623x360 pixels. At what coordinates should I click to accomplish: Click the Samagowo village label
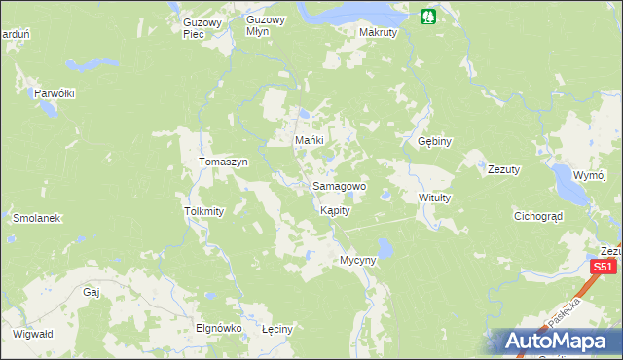click(x=339, y=186)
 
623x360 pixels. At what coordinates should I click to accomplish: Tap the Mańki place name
click(x=309, y=141)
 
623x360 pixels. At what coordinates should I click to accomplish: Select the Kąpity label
click(x=334, y=210)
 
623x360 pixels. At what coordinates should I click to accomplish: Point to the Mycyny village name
click(x=356, y=261)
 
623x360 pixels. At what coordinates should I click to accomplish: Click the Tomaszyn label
click(x=224, y=162)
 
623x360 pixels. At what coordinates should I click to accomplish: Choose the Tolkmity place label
click(x=204, y=211)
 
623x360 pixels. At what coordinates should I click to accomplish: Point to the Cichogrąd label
click(x=538, y=216)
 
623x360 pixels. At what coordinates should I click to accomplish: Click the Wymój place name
click(x=590, y=176)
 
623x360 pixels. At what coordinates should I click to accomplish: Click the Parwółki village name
click(x=55, y=93)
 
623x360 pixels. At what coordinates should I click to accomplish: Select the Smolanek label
click(x=37, y=219)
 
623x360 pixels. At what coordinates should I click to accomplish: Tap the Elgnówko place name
click(x=218, y=329)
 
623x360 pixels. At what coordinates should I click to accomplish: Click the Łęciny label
click(x=277, y=329)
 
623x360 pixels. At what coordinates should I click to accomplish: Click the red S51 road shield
click(x=605, y=267)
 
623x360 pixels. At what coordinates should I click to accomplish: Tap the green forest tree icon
click(x=426, y=16)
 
